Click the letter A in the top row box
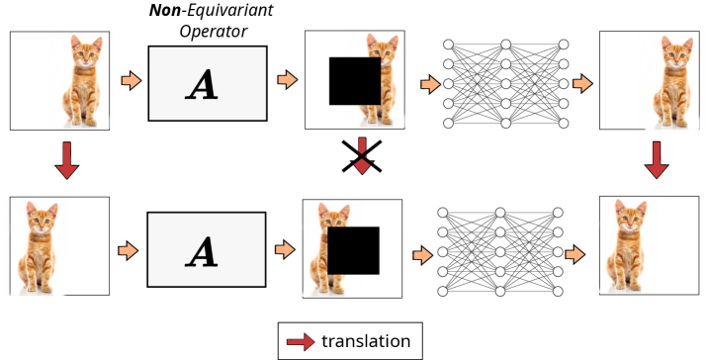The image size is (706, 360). click(x=203, y=85)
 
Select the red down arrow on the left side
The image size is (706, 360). click(x=67, y=159)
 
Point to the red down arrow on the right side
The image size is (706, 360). click(x=657, y=159)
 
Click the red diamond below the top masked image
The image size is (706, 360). click(x=362, y=165)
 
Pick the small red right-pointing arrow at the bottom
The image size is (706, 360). click(x=301, y=342)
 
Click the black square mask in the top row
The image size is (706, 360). click(x=355, y=81)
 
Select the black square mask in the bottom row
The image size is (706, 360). click(x=353, y=250)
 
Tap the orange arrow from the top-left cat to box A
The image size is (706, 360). click(x=131, y=81)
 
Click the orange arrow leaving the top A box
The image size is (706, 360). click(x=288, y=80)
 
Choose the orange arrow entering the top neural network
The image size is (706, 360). click(x=430, y=84)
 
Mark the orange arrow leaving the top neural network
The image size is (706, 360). click(x=582, y=84)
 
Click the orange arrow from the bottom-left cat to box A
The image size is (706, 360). click(x=128, y=251)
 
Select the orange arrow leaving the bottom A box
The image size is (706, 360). click(x=286, y=251)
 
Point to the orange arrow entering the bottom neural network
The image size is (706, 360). click(x=423, y=255)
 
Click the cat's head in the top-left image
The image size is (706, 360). click(x=83, y=53)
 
